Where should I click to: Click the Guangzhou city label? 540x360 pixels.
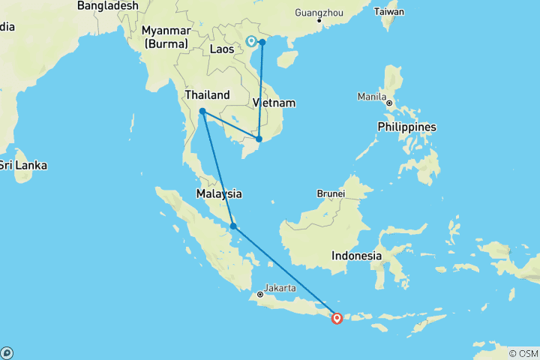[319, 13]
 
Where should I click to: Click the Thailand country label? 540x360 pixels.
[207, 95]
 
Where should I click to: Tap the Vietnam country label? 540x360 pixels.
[273, 103]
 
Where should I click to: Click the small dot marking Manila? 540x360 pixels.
[390, 103]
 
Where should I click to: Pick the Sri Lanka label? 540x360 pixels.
[16, 164]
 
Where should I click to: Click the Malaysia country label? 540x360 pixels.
[219, 193]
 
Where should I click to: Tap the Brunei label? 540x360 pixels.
[330, 193]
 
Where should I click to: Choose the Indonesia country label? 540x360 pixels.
[357, 256]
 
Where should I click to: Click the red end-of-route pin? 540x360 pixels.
[337, 317]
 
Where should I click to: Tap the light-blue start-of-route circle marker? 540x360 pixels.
[251, 41]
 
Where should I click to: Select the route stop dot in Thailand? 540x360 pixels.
[202, 112]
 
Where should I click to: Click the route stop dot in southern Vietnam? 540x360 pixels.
[259, 139]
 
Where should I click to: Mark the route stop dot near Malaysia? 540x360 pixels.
[234, 226]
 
